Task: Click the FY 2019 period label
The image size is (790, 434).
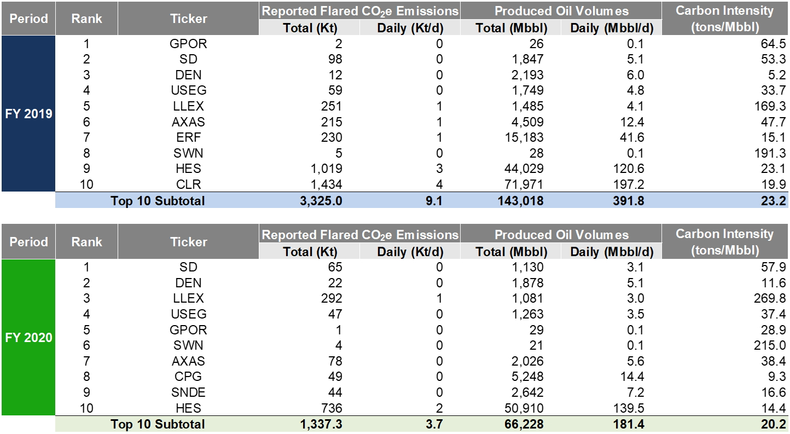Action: coord(28,114)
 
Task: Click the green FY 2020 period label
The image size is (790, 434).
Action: coord(28,338)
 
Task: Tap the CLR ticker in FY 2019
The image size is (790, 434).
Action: coord(188,184)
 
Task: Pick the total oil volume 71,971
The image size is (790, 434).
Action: coord(524,184)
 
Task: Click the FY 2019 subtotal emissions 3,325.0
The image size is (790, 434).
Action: coord(321,201)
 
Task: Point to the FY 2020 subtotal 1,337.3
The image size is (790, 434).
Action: coord(321,424)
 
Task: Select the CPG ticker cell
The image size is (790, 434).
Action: coord(188,377)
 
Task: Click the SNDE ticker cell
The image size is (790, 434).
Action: coord(188,392)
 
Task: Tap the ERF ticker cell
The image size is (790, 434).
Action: coord(188,137)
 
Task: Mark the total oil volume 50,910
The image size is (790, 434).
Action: coord(524,408)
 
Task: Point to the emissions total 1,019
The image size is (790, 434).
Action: coord(326,169)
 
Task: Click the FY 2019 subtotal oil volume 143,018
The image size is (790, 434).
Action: coord(520,201)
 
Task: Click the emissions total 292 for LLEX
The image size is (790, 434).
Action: coord(332,298)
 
